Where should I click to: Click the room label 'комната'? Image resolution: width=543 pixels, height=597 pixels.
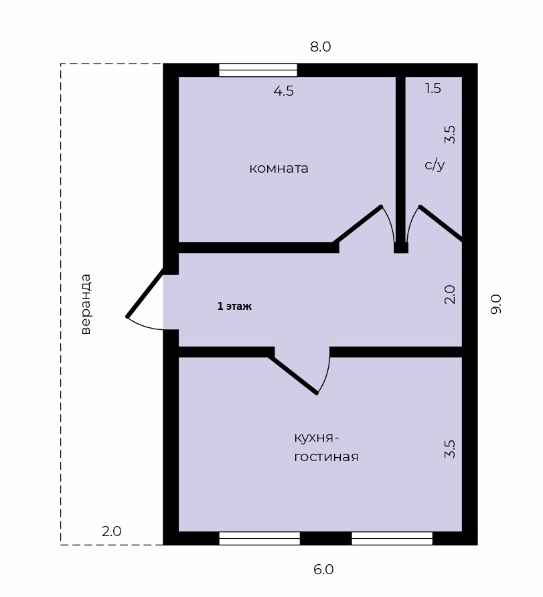click(x=279, y=168)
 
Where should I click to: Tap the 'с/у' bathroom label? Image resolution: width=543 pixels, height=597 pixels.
click(x=435, y=165)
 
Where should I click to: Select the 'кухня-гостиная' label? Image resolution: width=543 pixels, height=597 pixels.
click(x=326, y=447)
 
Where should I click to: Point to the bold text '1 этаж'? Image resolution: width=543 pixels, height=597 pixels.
click(x=234, y=306)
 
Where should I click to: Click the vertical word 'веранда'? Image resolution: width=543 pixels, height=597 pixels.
click(x=86, y=305)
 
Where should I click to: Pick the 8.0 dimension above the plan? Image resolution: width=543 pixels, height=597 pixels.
click(x=320, y=47)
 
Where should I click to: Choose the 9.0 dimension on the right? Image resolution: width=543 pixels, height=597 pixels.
click(x=496, y=305)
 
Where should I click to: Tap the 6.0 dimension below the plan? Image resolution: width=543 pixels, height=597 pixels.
click(x=323, y=570)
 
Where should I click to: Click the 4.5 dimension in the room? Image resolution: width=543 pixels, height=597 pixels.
click(x=284, y=91)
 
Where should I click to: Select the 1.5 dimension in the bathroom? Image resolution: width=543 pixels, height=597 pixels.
click(x=433, y=88)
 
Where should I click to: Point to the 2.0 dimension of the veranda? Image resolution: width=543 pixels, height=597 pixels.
click(x=112, y=531)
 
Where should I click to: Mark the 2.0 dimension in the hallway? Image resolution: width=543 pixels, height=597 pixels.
click(x=450, y=294)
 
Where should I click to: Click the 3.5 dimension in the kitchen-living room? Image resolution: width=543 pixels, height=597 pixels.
click(x=450, y=449)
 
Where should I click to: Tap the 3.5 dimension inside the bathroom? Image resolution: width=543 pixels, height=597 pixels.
click(x=450, y=135)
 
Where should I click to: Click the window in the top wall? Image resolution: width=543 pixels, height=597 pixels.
click(x=258, y=70)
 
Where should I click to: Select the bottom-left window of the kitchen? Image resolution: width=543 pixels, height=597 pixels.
click(x=260, y=538)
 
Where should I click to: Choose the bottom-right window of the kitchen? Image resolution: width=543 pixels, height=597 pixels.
click(x=392, y=538)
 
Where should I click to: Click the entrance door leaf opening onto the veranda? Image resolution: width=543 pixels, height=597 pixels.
click(x=145, y=292)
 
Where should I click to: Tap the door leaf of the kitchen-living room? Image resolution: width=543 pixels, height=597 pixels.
click(x=293, y=374)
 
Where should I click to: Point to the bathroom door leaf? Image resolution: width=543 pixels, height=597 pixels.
click(x=441, y=224)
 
